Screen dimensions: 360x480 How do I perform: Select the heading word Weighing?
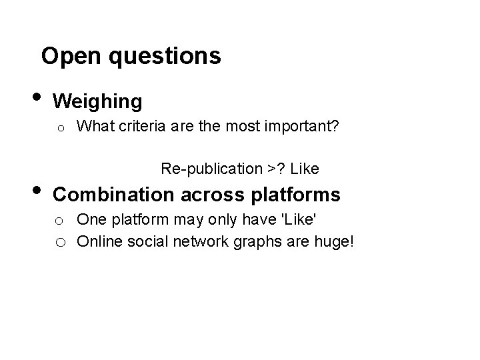point(97,101)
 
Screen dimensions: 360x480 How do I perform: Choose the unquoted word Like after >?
point(305,169)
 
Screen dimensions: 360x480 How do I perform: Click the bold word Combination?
point(113,195)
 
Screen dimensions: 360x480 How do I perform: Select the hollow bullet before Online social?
point(59,241)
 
